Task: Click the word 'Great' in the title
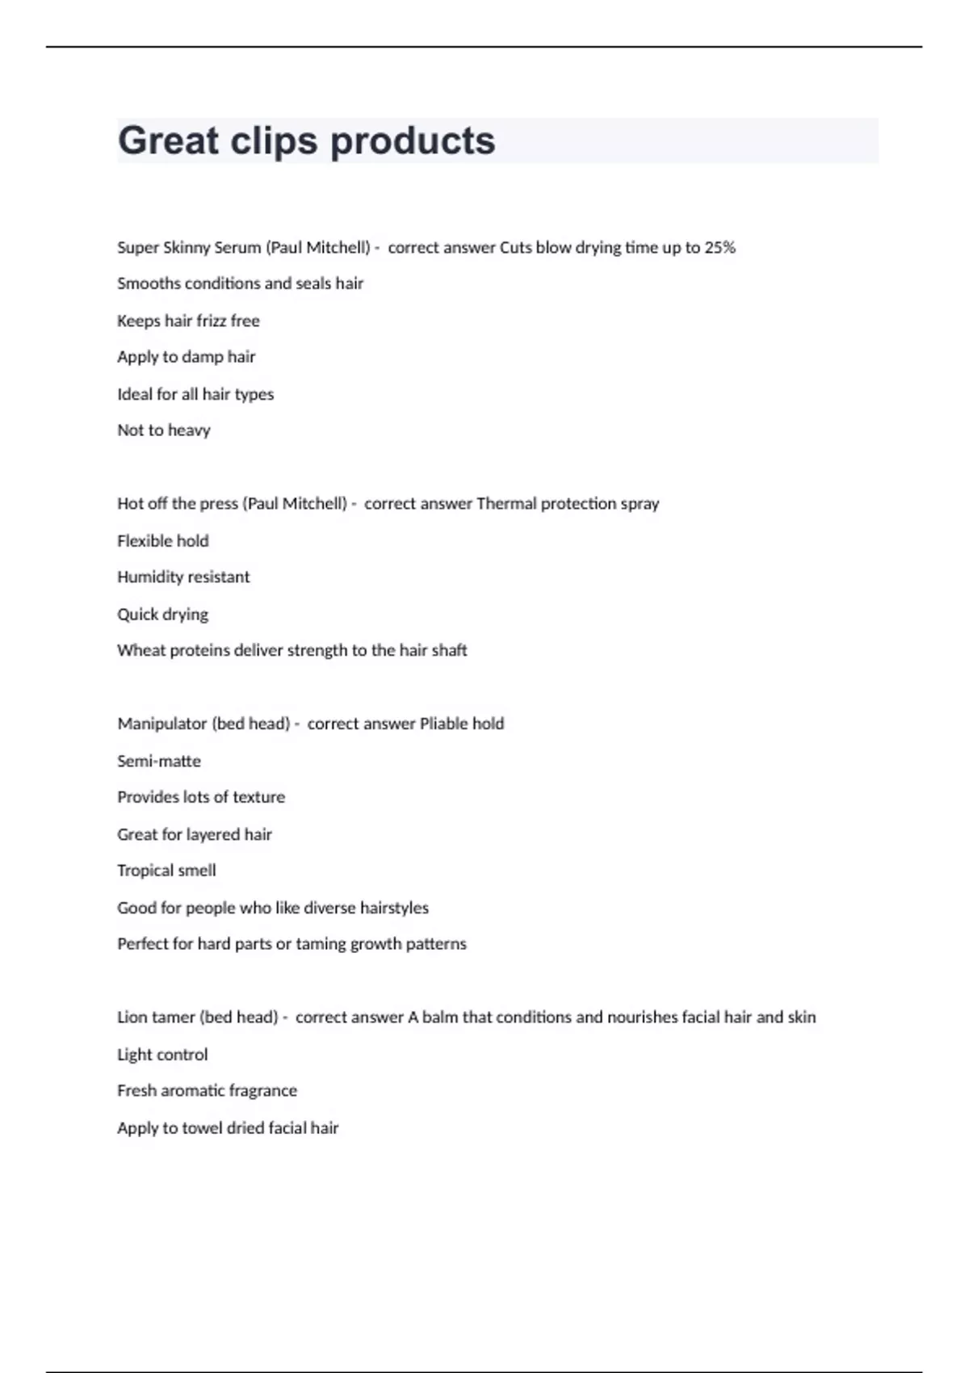(168, 141)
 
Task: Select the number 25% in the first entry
(719, 248)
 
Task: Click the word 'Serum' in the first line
(237, 248)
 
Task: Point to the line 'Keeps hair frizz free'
(188, 321)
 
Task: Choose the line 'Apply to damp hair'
(186, 357)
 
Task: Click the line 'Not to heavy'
(163, 430)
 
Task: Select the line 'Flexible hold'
(162, 541)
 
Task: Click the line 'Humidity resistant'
(183, 577)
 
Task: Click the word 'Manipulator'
(162, 724)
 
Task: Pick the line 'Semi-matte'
(159, 761)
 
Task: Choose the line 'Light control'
(162, 1055)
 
